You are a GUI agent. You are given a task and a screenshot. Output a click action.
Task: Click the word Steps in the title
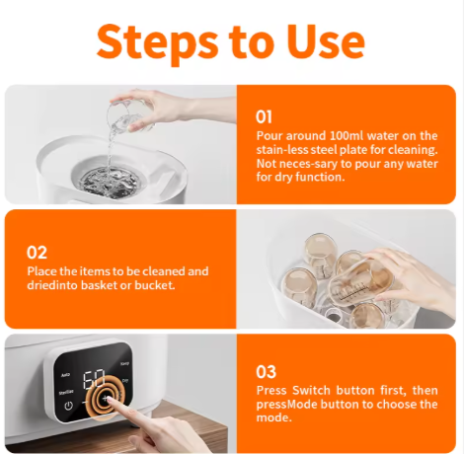click(157, 42)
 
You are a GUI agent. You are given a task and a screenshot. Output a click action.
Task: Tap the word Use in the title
click(327, 41)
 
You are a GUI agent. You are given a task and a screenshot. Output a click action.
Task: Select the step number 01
click(264, 116)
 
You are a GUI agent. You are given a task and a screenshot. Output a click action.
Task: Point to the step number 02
click(37, 253)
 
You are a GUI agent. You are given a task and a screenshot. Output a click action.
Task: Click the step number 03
click(266, 372)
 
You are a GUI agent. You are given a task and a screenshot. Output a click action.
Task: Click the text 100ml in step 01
click(347, 135)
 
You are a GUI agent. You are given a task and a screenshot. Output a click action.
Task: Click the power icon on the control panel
click(68, 406)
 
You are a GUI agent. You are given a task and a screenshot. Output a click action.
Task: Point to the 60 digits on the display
click(94, 379)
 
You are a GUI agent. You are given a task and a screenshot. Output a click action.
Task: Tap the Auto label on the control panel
click(65, 375)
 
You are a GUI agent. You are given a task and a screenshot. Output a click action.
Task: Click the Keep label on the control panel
click(124, 363)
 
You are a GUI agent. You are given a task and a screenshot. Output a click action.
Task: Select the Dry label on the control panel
click(125, 381)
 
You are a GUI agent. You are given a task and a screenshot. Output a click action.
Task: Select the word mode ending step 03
click(273, 417)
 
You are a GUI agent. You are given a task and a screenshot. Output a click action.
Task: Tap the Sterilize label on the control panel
click(66, 393)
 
